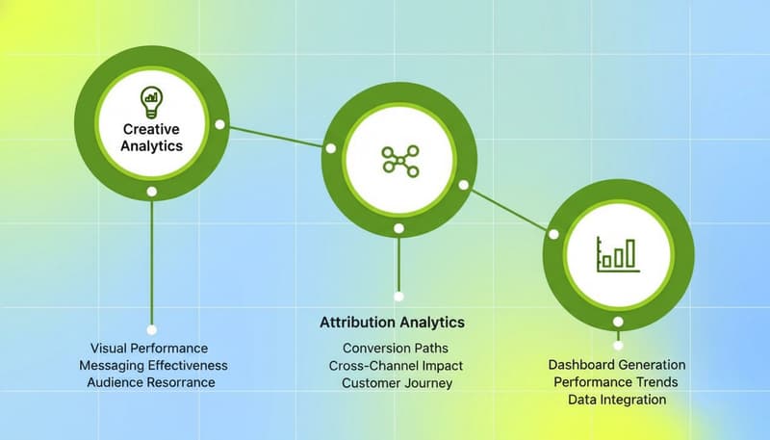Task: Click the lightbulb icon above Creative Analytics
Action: click(151, 97)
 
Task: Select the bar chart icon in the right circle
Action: click(616, 252)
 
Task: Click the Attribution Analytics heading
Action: click(392, 322)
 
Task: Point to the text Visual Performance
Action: click(149, 348)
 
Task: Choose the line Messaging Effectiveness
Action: click(153, 365)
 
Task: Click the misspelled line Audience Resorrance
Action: click(150, 382)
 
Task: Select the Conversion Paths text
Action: click(395, 348)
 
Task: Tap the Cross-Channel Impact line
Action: click(396, 365)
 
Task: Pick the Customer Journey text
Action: click(397, 382)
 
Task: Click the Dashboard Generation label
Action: click(617, 365)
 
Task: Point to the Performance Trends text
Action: click(616, 382)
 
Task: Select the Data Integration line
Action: click(617, 400)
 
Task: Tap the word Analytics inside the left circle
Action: click(152, 146)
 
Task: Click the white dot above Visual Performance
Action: click(151, 329)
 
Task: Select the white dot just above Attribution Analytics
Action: click(398, 297)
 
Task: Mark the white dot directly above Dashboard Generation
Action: click(618, 344)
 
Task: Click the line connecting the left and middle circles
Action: click(275, 136)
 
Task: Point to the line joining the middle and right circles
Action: click(508, 208)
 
